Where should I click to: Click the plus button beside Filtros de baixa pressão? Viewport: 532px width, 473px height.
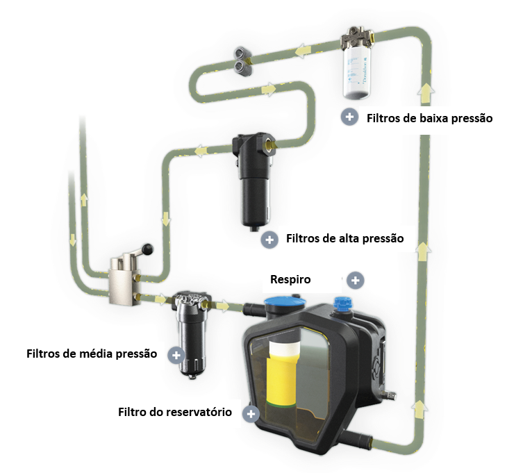tap(349, 117)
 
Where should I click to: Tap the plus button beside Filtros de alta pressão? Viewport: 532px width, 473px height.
tap(269, 240)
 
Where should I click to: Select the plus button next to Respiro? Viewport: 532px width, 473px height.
tap(355, 281)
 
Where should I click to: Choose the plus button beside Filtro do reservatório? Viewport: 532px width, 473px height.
tap(251, 414)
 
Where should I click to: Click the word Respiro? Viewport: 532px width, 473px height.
tap(290, 279)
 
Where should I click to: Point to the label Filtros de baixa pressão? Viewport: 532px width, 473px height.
tap(429, 118)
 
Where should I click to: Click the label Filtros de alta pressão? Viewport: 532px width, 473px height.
tap(344, 238)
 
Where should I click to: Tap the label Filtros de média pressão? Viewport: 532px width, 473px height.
tap(92, 354)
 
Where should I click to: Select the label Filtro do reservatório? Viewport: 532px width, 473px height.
tap(175, 412)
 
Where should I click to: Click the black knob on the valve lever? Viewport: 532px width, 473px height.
tap(148, 249)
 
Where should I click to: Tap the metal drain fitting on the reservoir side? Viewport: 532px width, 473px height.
tap(388, 395)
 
